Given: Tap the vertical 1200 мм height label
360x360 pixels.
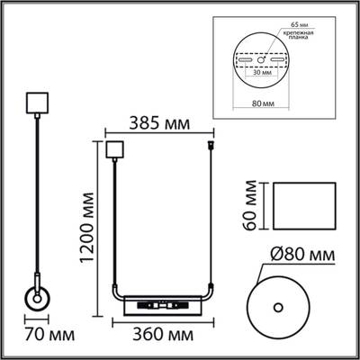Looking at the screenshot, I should click(x=88, y=229).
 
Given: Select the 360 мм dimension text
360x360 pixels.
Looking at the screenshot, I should click(x=161, y=335).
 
